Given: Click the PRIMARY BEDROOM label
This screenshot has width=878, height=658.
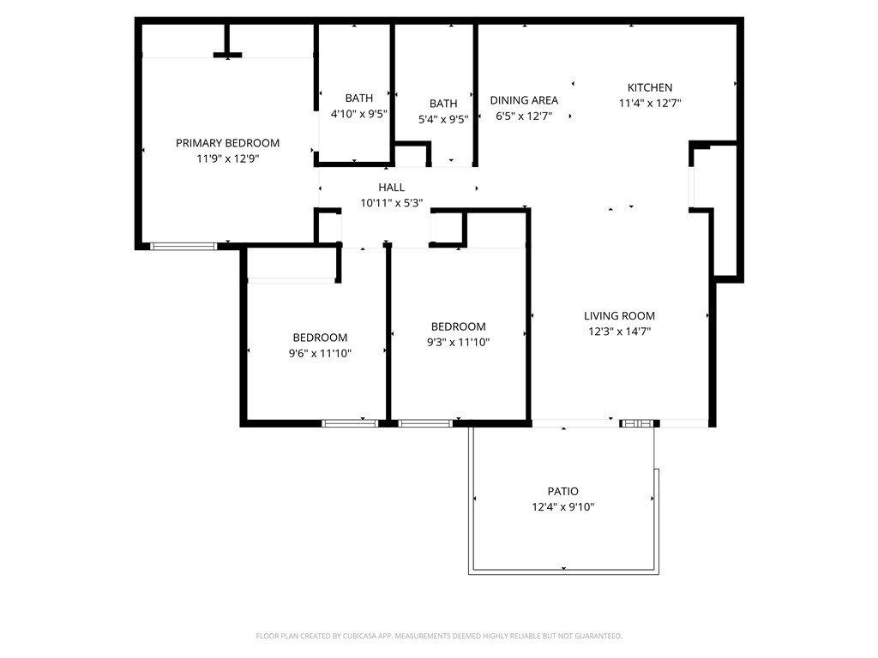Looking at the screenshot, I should pos(227,143).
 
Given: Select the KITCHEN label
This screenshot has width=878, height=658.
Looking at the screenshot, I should pos(650,87).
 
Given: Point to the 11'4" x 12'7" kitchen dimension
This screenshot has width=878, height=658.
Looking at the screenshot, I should pos(650,103).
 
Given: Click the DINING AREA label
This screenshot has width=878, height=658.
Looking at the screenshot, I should pos(524,100).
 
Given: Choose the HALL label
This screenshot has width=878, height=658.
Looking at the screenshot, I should pos(392,188).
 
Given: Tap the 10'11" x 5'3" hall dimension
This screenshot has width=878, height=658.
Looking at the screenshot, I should pos(392,203).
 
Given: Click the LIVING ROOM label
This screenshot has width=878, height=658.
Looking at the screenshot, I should pos(619,316).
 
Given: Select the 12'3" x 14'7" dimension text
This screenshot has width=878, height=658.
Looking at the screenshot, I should pos(619,332).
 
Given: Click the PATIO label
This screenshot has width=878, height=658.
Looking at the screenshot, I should pos(562,491).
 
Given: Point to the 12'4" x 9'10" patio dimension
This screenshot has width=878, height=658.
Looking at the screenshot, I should pos(562,506).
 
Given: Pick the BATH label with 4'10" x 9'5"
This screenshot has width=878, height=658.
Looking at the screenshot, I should pos(358,98).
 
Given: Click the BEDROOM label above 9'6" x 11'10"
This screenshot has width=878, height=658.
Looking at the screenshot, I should pos(320,338).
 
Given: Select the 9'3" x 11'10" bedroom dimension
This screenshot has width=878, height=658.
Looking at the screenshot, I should pos(458,342).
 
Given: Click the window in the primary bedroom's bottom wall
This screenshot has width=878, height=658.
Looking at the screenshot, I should pos(183,247).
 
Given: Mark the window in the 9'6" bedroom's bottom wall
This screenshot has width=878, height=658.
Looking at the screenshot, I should pos(350,422).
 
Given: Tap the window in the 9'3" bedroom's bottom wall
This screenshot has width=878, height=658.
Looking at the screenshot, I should pos(425,422).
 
